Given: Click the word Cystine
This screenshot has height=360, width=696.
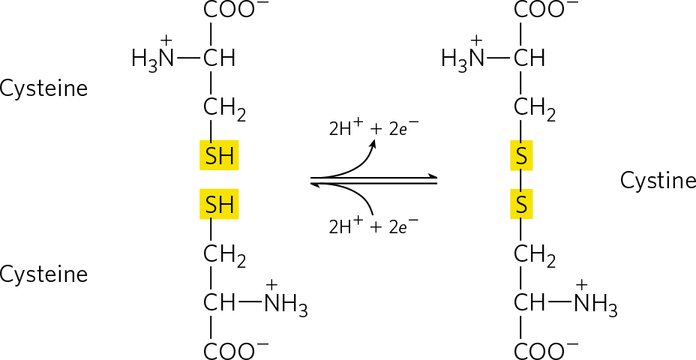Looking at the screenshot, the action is pyautogui.click(x=658, y=181).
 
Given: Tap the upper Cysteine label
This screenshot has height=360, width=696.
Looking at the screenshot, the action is pyautogui.click(x=43, y=88).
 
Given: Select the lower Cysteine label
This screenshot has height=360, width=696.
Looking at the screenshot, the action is pyautogui.click(x=43, y=274).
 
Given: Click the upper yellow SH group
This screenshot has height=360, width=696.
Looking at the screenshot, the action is pyautogui.click(x=219, y=155).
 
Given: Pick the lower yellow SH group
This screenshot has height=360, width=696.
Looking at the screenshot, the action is pyautogui.click(x=219, y=204).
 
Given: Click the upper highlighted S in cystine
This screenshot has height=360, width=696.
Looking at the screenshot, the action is pyautogui.click(x=521, y=155).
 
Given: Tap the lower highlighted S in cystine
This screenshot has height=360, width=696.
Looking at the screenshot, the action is pyautogui.click(x=521, y=204).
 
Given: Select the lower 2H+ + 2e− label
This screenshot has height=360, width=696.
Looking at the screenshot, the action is pyautogui.click(x=373, y=226).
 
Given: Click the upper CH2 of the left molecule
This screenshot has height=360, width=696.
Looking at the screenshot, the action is pyautogui.click(x=224, y=109).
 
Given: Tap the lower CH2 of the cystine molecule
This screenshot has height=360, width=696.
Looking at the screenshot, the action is pyautogui.click(x=535, y=256).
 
